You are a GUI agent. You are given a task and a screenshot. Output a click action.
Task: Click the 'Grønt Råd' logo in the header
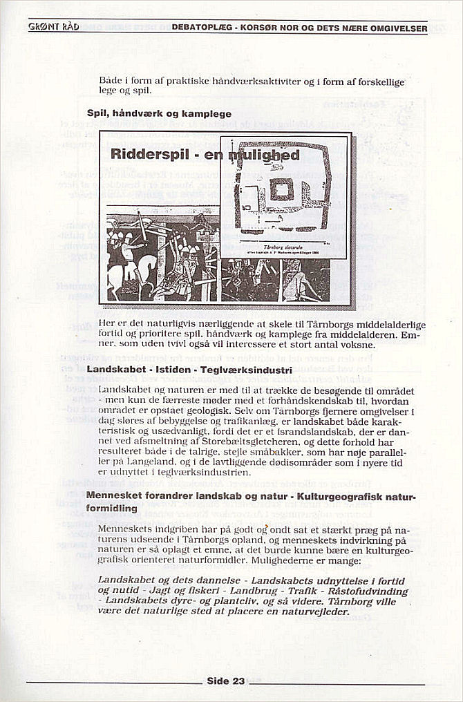pos(54,27)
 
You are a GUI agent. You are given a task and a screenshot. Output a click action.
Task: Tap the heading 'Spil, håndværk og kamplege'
pos(159,113)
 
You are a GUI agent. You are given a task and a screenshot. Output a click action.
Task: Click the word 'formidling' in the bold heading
pos(111,508)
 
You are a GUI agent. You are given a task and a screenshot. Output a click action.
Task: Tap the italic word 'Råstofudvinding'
pos(369,591)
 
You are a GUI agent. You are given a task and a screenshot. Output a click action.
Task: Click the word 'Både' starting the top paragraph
pos(111,81)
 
